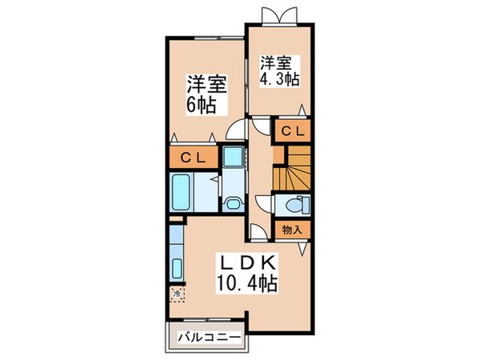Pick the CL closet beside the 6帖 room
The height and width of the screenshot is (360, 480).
coord(195,158)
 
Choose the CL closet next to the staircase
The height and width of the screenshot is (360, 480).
coord(293,130)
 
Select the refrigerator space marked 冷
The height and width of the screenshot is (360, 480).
coord(177,294)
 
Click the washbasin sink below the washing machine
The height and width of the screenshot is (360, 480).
coord(234,202)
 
